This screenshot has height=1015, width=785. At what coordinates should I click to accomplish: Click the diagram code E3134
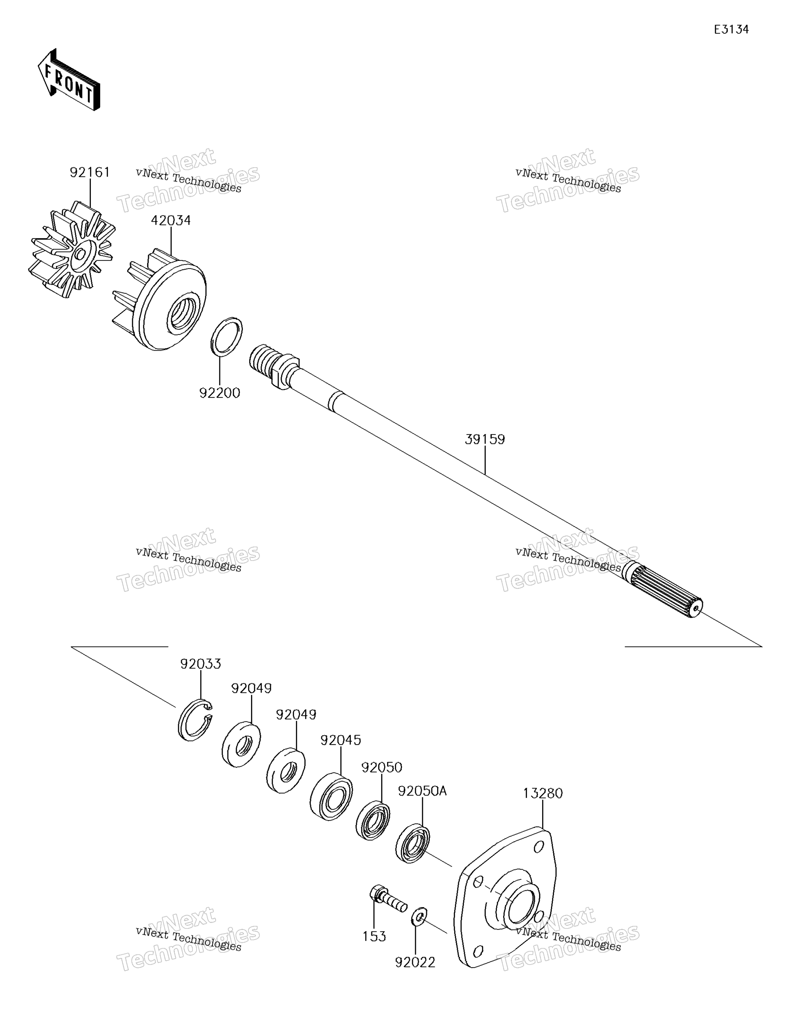click(731, 30)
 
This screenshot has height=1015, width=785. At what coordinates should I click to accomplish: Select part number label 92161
click(90, 172)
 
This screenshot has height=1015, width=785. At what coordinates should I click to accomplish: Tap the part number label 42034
click(170, 220)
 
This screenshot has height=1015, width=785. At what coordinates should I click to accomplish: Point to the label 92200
click(220, 393)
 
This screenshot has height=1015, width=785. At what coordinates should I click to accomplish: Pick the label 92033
click(200, 664)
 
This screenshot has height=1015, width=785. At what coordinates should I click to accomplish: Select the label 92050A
click(422, 791)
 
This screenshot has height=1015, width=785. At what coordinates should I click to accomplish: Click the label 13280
click(542, 793)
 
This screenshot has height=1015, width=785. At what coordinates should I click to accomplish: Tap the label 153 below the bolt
click(374, 937)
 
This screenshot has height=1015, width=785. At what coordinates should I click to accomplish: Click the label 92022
click(415, 962)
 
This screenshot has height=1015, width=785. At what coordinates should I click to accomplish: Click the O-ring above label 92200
click(227, 337)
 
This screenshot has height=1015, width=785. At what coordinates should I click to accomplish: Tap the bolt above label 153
click(388, 900)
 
